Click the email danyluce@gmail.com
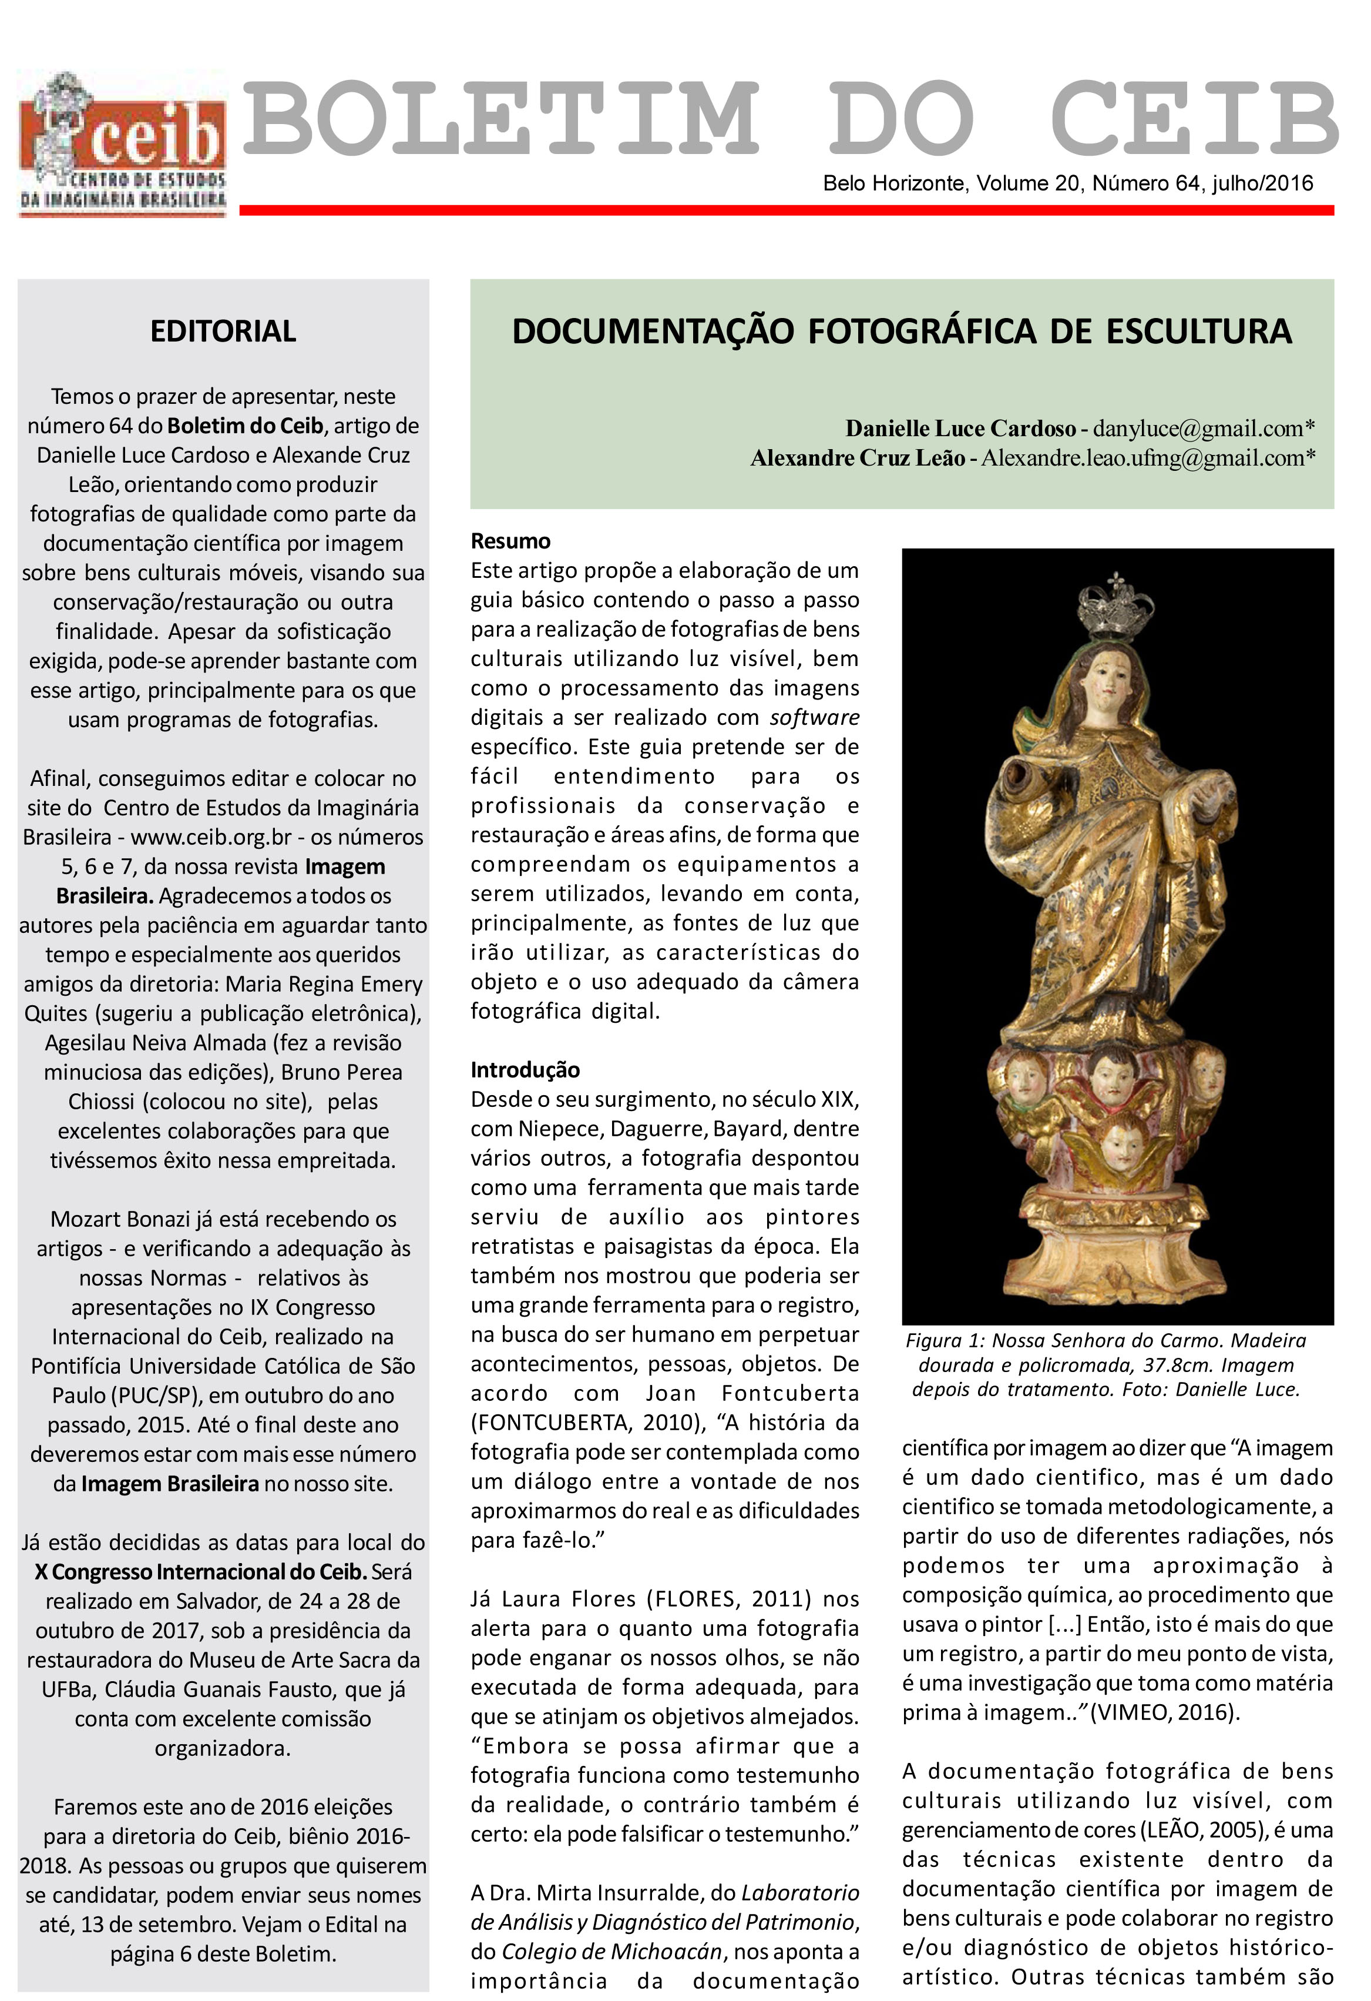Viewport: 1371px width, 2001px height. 1198,428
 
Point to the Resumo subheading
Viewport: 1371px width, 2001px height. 510,541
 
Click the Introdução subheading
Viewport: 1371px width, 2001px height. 525,1069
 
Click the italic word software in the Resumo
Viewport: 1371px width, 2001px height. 814,717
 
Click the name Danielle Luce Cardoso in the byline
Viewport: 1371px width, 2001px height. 960,428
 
